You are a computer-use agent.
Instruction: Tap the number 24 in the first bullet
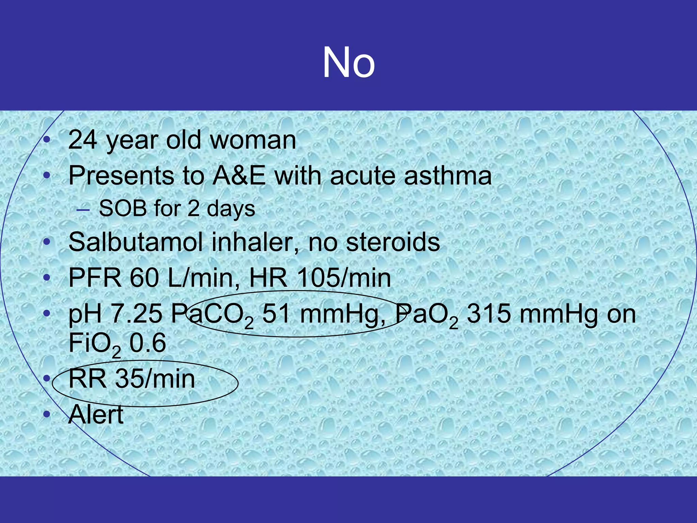point(82,140)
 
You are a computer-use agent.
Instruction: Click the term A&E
point(239,176)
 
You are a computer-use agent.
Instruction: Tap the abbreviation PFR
point(95,278)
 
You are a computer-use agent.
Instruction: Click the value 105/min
point(344,278)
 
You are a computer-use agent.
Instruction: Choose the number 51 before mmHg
point(276,314)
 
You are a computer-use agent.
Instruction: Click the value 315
point(488,314)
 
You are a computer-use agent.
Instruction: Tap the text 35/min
point(155,379)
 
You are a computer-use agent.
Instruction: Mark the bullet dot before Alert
point(47,414)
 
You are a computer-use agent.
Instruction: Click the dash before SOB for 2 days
point(83,210)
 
